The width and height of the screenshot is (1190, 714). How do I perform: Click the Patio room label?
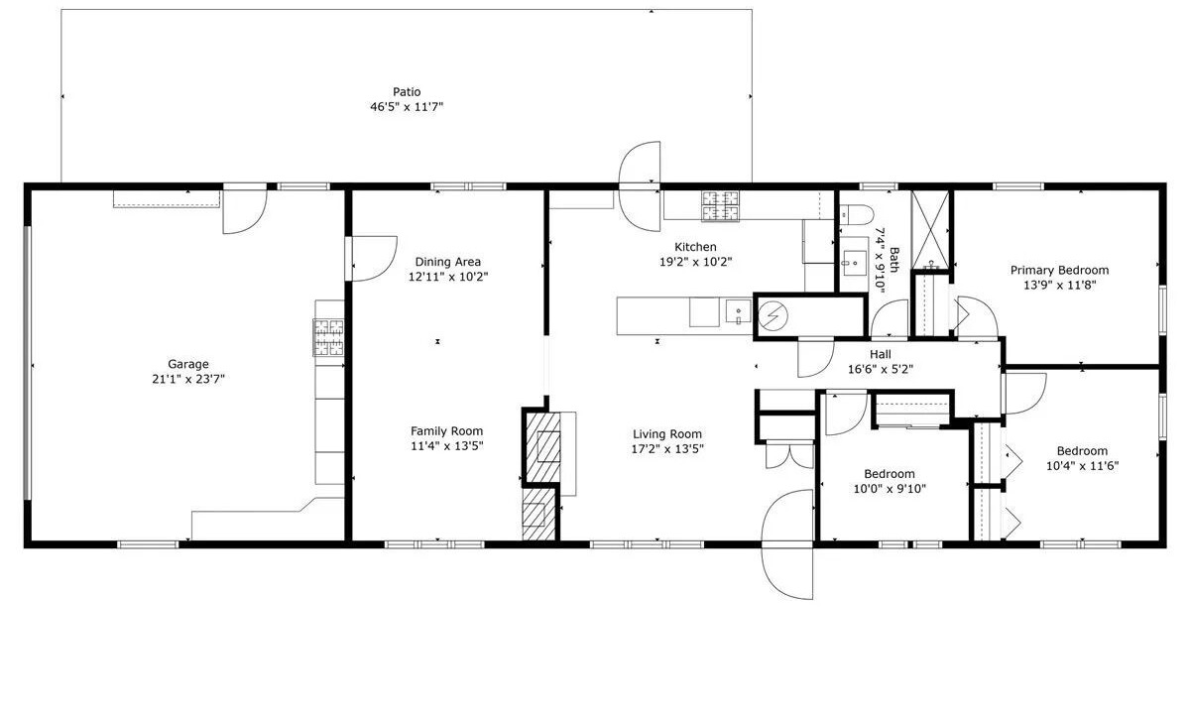click(x=407, y=92)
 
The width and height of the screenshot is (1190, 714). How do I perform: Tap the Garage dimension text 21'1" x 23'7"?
click(x=188, y=379)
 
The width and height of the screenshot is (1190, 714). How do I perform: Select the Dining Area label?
click(x=448, y=262)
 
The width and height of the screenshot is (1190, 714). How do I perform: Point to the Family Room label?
click(x=447, y=430)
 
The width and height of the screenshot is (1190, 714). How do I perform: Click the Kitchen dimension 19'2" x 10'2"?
click(x=695, y=262)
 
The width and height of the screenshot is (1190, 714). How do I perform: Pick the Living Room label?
click(x=667, y=434)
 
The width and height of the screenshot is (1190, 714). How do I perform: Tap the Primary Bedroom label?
click(x=1059, y=270)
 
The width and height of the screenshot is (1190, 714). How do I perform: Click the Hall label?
click(x=881, y=354)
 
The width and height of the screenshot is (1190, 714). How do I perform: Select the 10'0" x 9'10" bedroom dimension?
click(x=890, y=489)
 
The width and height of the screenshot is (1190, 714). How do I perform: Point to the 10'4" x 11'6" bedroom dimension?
click(x=1082, y=466)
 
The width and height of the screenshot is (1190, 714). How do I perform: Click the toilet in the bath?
click(x=857, y=214)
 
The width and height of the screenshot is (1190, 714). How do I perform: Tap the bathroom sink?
click(x=855, y=263)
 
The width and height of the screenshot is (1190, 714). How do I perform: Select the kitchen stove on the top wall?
click(x=720, y=206)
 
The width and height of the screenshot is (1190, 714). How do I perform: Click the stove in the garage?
click(x=329, y=337)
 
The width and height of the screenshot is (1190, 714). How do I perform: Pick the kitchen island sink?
click(x=739, y=311)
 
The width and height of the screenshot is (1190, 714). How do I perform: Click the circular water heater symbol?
click(x=773, y=316)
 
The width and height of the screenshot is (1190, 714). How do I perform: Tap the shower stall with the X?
click(x=930, y=229)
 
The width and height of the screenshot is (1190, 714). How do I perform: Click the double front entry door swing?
click(x=787, y=544)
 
